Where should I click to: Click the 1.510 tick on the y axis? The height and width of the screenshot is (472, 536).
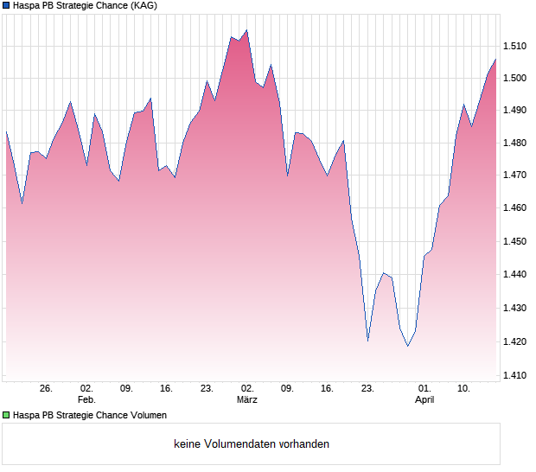pos(515,46)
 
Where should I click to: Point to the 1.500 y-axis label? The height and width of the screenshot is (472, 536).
pos(515,79)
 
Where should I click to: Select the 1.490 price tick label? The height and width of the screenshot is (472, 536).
pos(515,111)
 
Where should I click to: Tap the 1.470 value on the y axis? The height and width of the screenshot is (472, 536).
pos(515,175)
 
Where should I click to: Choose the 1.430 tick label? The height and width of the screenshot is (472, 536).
pos(515,308)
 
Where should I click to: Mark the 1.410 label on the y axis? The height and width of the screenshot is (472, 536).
pos(515,374)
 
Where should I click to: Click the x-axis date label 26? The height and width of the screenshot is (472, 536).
pos(47,389)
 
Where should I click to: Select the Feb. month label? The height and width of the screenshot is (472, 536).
pos(86,400)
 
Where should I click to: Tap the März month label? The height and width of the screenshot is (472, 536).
pos(247,400)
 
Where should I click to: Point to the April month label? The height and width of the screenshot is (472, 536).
pos(424,400)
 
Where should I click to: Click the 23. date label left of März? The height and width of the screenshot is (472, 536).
pos(207,389)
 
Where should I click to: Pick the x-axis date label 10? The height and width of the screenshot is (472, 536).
pos(464,389)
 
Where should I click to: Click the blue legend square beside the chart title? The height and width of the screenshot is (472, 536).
pos(6,5)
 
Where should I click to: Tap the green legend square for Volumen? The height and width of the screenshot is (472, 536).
pos(6,415)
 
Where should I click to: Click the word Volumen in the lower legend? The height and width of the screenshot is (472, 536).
pos(147,415)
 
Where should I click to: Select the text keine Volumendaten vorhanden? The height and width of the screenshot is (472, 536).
pos(252,444)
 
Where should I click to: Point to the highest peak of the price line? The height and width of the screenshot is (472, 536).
pos(246,30)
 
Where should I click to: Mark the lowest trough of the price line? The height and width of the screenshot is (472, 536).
pos(407,346)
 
